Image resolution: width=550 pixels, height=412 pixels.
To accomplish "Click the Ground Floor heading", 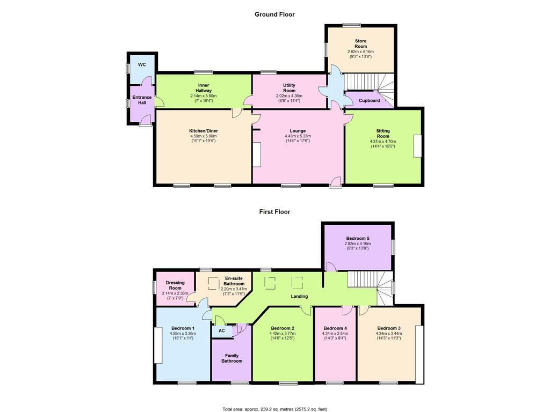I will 274,14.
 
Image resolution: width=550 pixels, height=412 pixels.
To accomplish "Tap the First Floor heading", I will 274,212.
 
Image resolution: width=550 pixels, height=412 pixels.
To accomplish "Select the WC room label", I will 142,65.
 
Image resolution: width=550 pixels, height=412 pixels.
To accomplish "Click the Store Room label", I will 360,43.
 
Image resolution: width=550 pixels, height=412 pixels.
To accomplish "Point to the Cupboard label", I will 369,100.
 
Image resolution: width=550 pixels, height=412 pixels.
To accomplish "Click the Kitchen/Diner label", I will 203,131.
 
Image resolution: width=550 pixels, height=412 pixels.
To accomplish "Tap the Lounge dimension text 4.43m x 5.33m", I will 298,136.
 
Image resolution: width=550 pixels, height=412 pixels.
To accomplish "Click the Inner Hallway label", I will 204,88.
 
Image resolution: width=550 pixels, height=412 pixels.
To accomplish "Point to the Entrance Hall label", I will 142,100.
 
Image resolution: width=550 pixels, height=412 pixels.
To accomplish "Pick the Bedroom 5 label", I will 357,238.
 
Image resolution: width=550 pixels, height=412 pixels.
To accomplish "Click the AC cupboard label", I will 221,331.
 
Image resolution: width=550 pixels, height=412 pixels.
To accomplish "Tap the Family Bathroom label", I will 231,358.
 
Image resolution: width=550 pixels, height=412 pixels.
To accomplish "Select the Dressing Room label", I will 175,285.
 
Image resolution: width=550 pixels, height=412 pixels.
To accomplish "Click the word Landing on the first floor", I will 299,296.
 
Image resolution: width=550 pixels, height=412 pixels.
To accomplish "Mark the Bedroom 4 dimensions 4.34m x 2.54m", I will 335,334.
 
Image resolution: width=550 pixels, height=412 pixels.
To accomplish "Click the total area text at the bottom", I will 274,409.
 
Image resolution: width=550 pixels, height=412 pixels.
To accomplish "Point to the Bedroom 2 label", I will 283,328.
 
